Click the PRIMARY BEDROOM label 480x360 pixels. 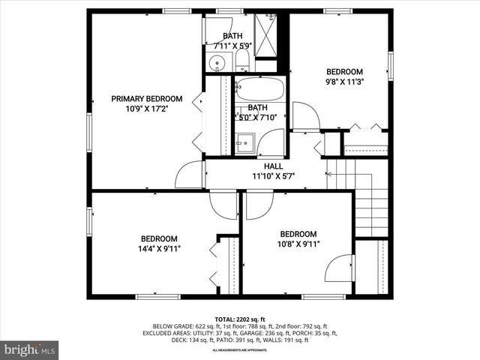click(146, 98)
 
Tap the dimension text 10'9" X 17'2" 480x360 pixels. click(146, 109)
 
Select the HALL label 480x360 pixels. click(273, 166)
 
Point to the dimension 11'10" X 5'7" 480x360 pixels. click(273, 176)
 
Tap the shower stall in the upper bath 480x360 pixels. click(266, 34)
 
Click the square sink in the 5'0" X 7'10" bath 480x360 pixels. click(244, 142)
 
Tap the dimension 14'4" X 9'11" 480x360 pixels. click(159, 248)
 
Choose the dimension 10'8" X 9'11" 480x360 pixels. click(298, 244)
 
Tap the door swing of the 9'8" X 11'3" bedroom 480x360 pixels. click(306, 116)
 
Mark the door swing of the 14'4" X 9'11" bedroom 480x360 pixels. click(223, 204)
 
